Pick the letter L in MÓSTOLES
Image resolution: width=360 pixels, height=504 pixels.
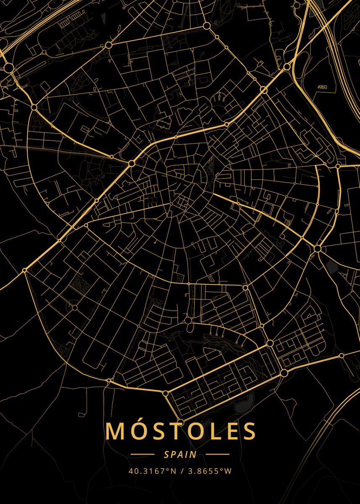[x=215, y=431]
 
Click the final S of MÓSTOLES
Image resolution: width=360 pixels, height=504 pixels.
[x=249, y=431]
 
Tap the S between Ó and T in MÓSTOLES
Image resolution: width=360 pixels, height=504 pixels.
[x=159, y=431]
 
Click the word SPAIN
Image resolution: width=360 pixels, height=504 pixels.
[x=180, y=454]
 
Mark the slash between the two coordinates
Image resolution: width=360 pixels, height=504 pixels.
[x=182, y=471]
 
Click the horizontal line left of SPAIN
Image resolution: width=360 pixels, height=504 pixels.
[x=142, y=454]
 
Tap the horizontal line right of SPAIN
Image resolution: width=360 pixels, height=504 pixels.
[x=218, y=454]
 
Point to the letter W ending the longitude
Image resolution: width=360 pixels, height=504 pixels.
[x=228, y=471]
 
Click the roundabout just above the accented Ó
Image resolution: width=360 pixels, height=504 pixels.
[x=180, y=422]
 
